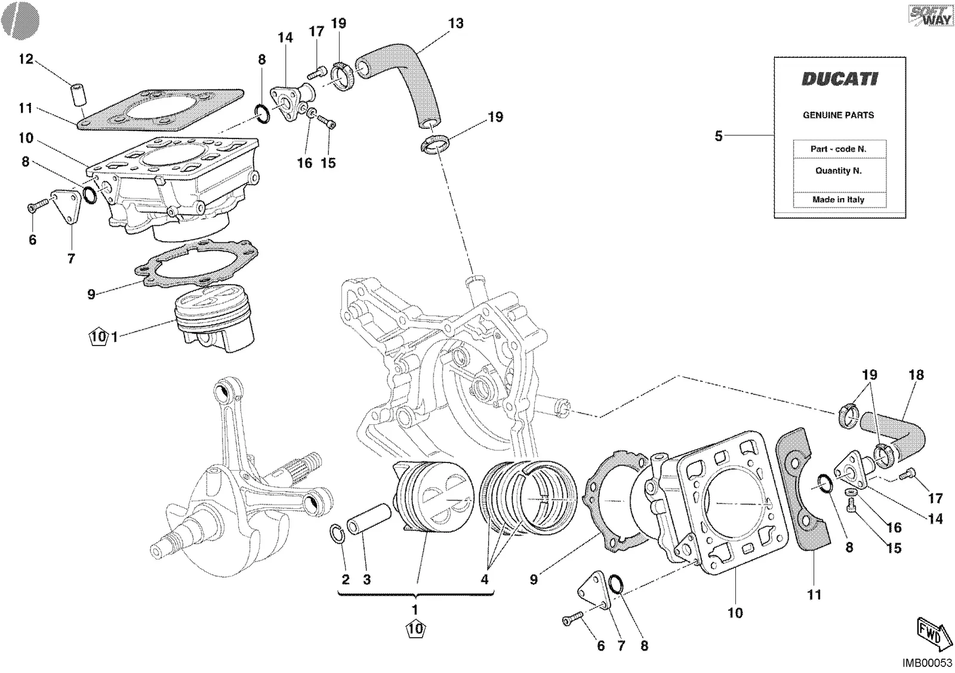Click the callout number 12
pos(26,58)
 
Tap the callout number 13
pos(456,23)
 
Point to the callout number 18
pos(916,375)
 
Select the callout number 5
pos(719,136)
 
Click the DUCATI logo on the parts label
pos(840,79)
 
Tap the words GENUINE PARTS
pos(839,115)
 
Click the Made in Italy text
pos(839,199)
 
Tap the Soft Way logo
pos(931,16)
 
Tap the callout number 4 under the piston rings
pos(484,579)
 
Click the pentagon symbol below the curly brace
pos(415,628)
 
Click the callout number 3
pos(366,579)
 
